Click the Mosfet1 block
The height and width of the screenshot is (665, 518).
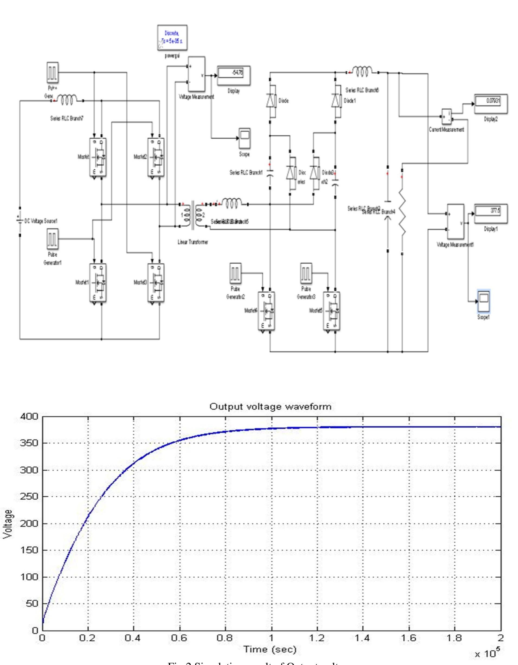(98, 283)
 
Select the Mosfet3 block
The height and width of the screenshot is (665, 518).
(156, 283)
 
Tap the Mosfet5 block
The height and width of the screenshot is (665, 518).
(332, 311)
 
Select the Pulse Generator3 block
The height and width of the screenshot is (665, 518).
(306, 273)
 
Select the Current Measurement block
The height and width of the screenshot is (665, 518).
(446, 117)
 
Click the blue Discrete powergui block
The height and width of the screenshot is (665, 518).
(172, 38)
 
